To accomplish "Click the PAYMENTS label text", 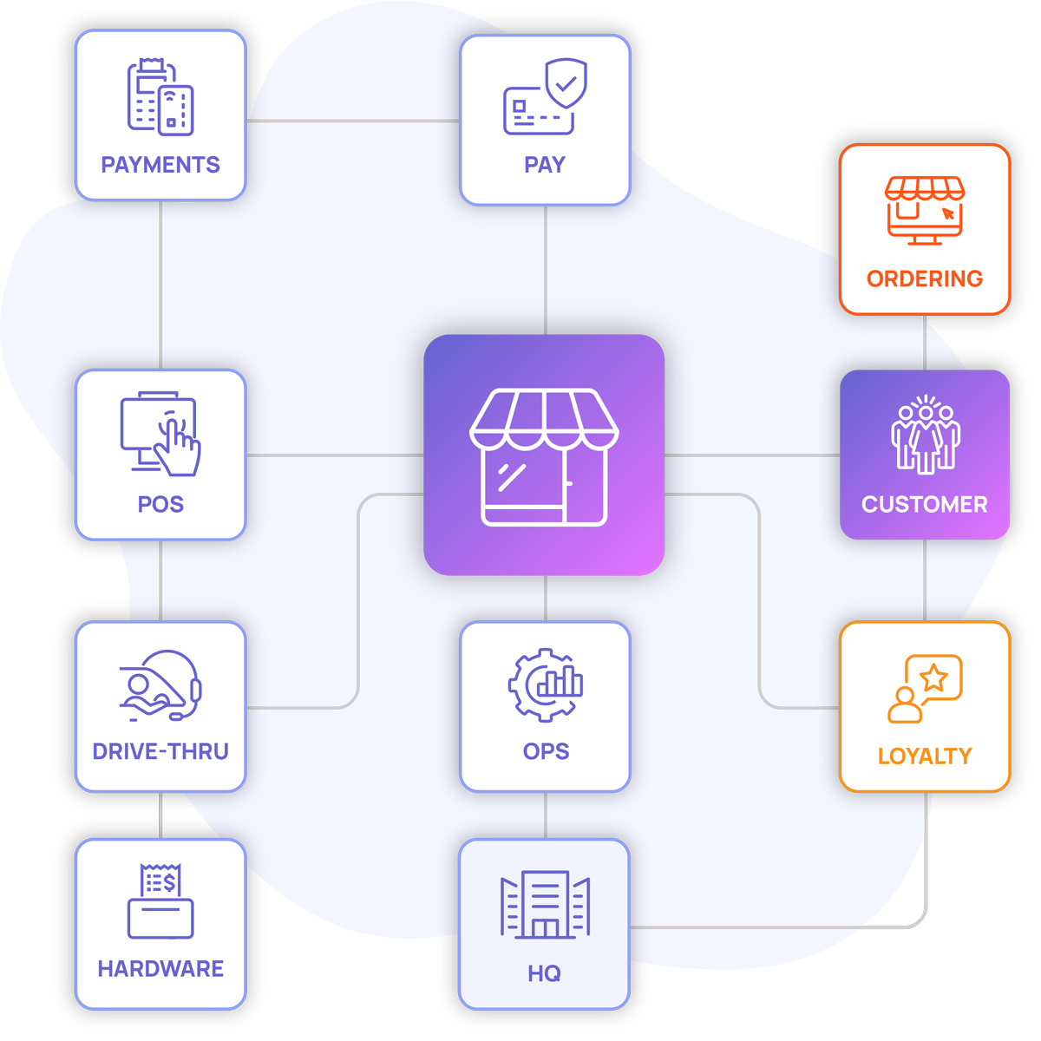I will click(x=160, y=165).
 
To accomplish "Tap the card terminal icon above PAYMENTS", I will click(x=160, y=97).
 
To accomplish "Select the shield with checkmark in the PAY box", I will click(x=566, y=83).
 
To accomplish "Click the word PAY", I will click(x=545, y=165).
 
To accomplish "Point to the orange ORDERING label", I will click(x=925, y=278).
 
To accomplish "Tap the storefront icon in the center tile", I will click(x=545, y=456).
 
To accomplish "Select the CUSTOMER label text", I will click(x=925, y=504).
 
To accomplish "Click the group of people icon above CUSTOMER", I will click(x=926, y=435).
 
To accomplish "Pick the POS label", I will click(x=160, y=504).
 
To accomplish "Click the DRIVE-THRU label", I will click(x=160, y=751).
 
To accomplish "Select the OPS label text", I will click(x=546, y=751).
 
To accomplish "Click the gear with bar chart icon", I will click(x=546, y=684).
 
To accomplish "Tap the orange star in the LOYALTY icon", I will click(x=933, y=677).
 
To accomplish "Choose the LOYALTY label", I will click(x=925, y=756).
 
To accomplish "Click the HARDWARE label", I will click(x=160, y=968).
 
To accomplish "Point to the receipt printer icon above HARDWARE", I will click(x=160, y=901).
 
